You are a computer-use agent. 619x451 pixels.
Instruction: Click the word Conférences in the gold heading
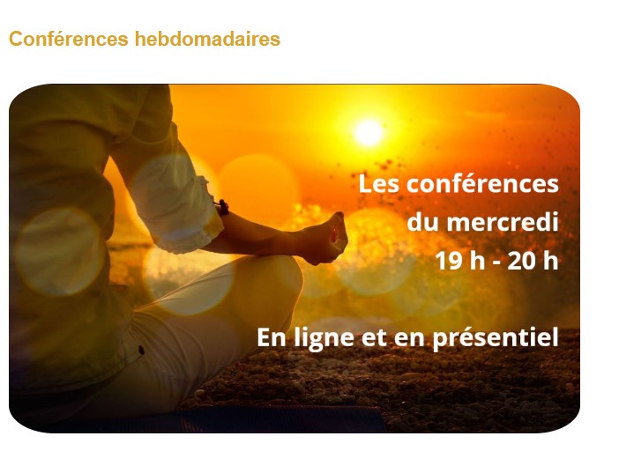point(69,39)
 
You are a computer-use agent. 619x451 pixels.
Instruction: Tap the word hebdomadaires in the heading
point(207,39)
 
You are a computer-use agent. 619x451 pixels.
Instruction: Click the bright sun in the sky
point(369,132)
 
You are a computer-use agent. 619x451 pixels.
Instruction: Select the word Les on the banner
point(378,184)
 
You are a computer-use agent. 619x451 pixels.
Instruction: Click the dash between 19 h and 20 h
point(496,262)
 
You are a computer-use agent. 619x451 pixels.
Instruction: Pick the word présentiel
point(496,338)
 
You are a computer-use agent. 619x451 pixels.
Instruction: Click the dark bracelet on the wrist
point(223,207)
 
